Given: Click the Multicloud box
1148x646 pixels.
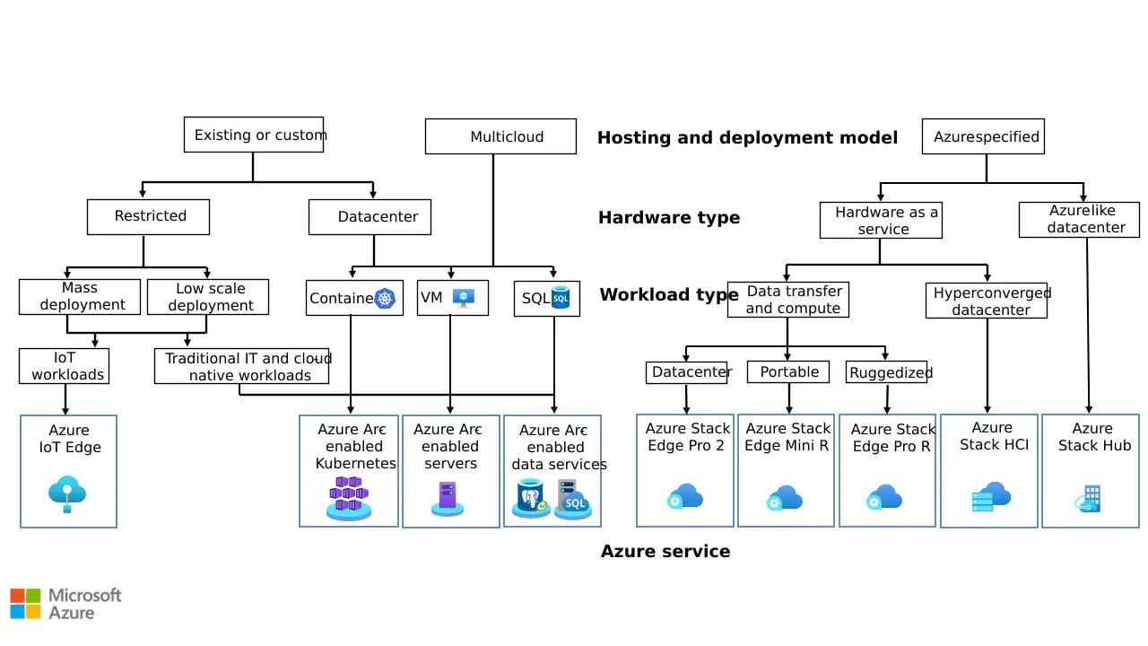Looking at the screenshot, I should click(x=500, y=137).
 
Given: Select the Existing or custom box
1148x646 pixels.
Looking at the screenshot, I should click(x=254, y=135).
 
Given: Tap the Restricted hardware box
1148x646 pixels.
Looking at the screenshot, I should click(x=149, y=216).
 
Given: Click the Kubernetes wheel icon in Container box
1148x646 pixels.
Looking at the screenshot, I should click(x=386, y=299).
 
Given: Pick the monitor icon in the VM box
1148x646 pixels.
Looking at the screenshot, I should click(x=463, y=299).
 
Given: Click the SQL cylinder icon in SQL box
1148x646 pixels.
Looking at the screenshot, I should click(x=561, y=298).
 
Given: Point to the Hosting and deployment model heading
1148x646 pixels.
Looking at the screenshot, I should click(x=747, y=137).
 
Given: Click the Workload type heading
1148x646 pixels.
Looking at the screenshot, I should click(x=669, y=294).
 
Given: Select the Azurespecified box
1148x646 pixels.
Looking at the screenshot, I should click(x=983, y=136).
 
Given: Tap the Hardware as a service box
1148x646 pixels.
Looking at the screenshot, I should click(x=881, y=221).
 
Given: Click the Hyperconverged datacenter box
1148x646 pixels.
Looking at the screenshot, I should click(x=987, y=301).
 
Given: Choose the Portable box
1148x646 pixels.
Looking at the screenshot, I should click(x=788, y=372).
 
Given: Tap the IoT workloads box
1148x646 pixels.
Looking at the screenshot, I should click(x=65, y=366).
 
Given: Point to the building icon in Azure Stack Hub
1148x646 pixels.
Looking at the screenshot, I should click(x=1089, y=498).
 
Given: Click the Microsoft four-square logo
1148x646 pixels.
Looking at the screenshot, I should click(x=25, y=603).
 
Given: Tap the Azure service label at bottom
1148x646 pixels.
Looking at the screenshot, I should click(x=665, y=551).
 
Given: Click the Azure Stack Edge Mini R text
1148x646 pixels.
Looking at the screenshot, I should click(x=787, y=437).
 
